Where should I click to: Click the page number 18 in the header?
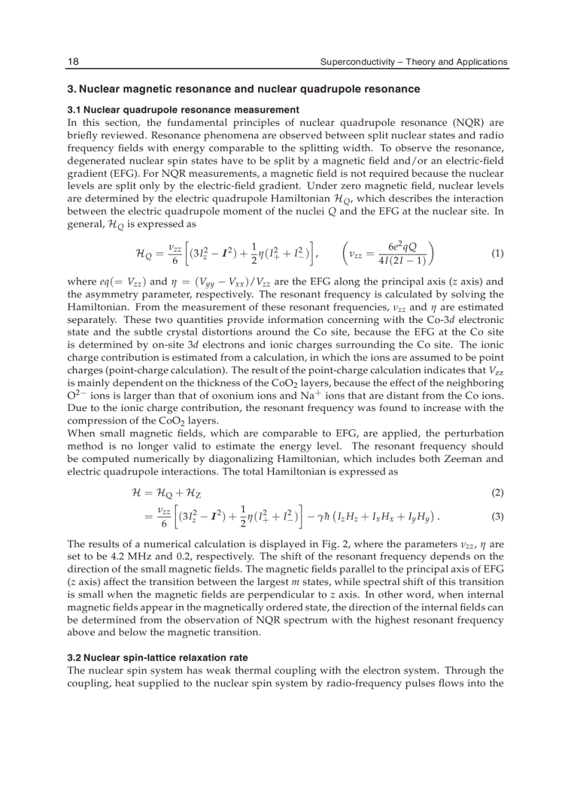73,62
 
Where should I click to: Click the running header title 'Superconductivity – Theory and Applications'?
414,62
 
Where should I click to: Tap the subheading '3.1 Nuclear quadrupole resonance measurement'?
183,110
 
